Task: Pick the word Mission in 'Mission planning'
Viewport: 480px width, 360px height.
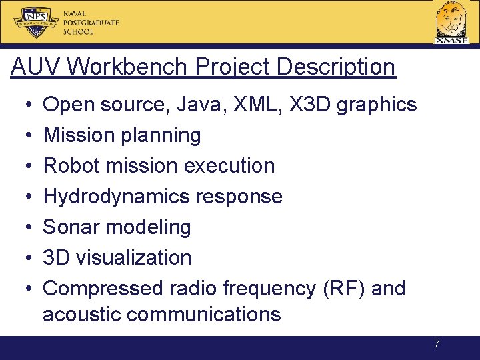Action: [x=79, y=135]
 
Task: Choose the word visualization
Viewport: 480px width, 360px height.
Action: [x=134, y=258]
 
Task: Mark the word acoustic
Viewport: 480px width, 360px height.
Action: [x=83, y=314]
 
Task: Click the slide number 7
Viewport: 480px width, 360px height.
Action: [x=437, y=345]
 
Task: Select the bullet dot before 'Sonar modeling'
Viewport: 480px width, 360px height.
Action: [x=23, y=227]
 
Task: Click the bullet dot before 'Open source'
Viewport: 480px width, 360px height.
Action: [x=23, y=105]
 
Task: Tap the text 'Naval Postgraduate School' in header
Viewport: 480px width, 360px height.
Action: [x=91, y=23]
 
